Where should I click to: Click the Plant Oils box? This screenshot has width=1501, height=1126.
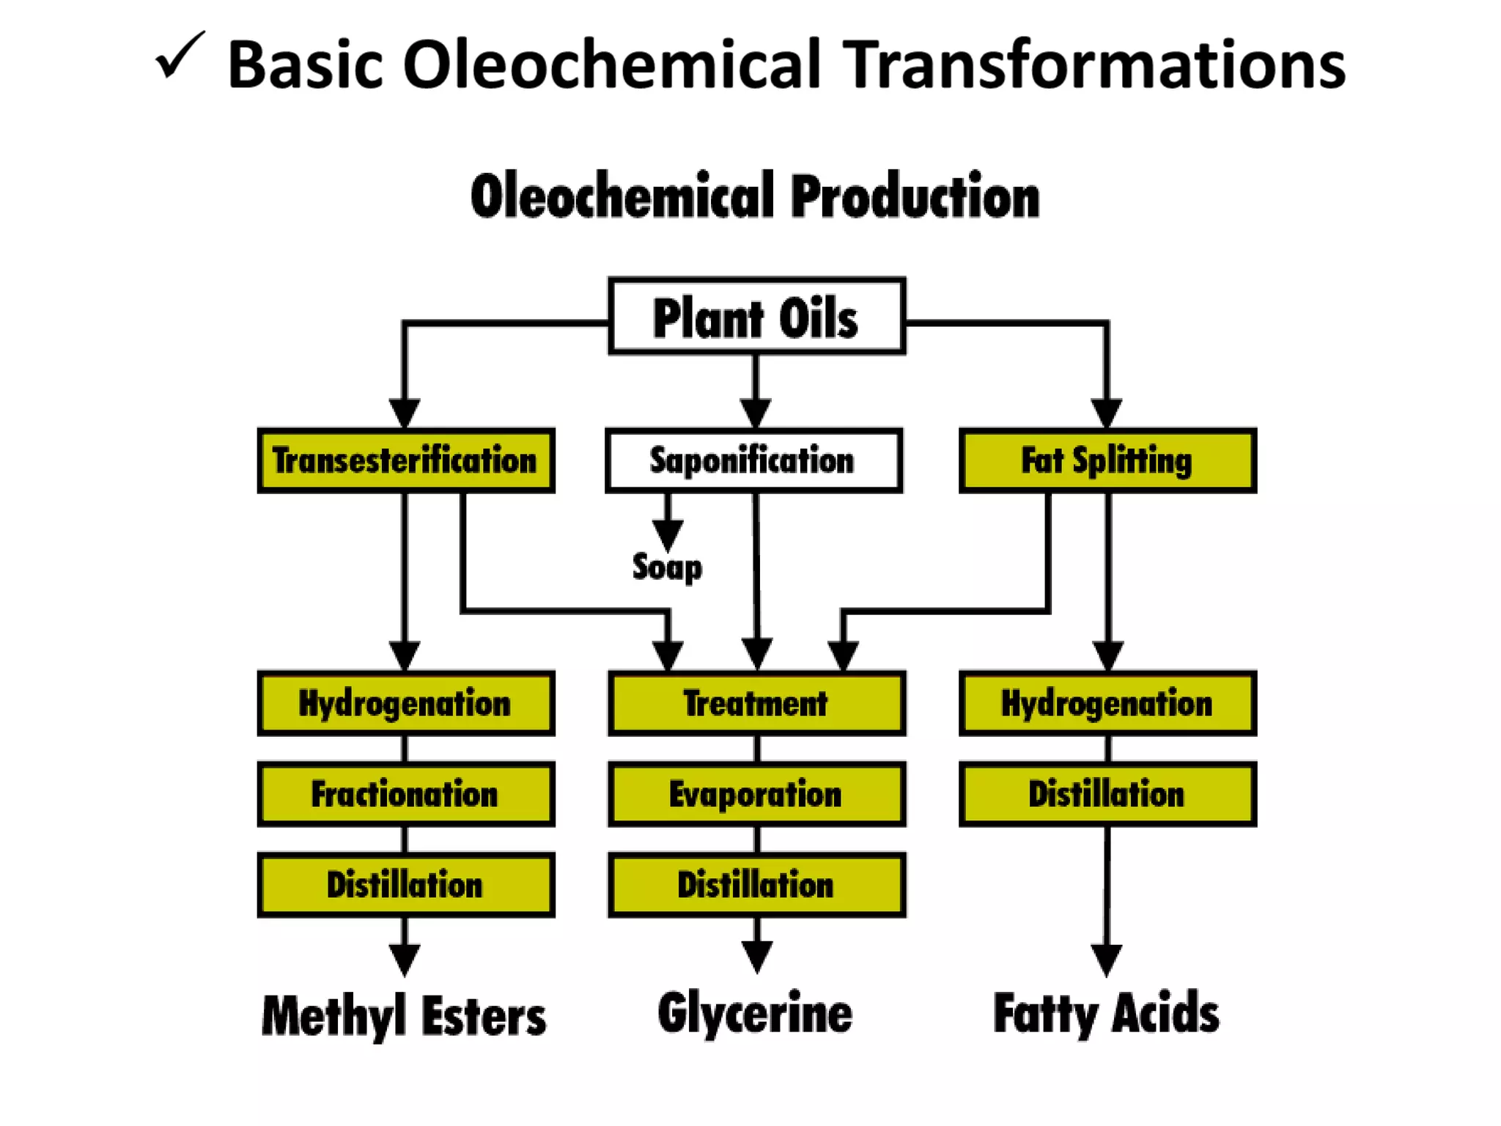pyautogui.click(x=756, y=317)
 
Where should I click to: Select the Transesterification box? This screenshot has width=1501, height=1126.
pyautogui.click(x=405, y=460)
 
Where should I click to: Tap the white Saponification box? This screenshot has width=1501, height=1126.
pyautogui.click(x=753, y=460)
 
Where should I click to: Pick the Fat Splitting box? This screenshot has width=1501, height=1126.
pyautogui.click(x=1107, y=460)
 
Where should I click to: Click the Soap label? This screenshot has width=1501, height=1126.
pyautogui.click(x=667, y=567)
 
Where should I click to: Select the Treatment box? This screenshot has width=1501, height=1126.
pyautogui.click(x=756, y=703)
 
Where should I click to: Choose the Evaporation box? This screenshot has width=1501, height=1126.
pyautogui.click(x=756, y=794)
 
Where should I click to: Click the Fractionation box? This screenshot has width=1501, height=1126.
pyautogui.click(x=405, y=794)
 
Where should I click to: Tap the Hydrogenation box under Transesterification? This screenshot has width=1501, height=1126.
pyautogui.click(x=405, y=703)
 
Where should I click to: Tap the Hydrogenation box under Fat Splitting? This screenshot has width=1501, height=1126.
pyautogui.click(x=1107, y=703)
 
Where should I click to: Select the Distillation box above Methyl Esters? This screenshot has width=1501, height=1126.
pyautogui.click(x=405, y=884)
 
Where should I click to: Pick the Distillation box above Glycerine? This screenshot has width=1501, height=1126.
pyautogui.click(x=756, y=884)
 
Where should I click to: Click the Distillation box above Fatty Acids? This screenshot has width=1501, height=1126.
pyautogui.click(x=1107, y=794)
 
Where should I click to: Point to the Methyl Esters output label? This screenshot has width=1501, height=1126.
pyautogui.click(x=404, y=1016)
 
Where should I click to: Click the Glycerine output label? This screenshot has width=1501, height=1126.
pyautogui.click(x=755, y=1013)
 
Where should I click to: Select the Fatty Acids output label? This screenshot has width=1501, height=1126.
pyautogui.click(x=1106, y=1013)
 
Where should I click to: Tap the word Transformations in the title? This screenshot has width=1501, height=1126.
pyautogui.click(x=1096, y=66)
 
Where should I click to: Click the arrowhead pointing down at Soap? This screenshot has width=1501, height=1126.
pyautogui.click(x=668, y=534)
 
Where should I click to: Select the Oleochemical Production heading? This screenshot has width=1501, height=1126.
pyautogui.click(x=755, y=196)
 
